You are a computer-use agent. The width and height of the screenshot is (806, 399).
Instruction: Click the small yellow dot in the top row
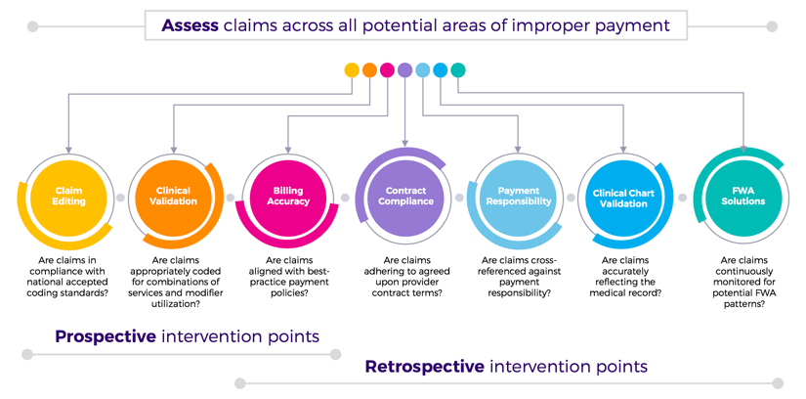[352, 70]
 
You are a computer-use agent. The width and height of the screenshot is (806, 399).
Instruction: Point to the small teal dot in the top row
[458, 70]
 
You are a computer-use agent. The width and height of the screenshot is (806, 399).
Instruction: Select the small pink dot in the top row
[387, 70]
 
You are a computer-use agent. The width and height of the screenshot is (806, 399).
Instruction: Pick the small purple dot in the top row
[404, 70]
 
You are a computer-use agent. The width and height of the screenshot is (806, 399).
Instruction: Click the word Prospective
[106, 336]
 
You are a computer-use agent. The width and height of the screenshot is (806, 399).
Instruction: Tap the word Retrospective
[424, 367]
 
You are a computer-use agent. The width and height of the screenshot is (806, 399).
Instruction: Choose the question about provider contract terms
[405, 278]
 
